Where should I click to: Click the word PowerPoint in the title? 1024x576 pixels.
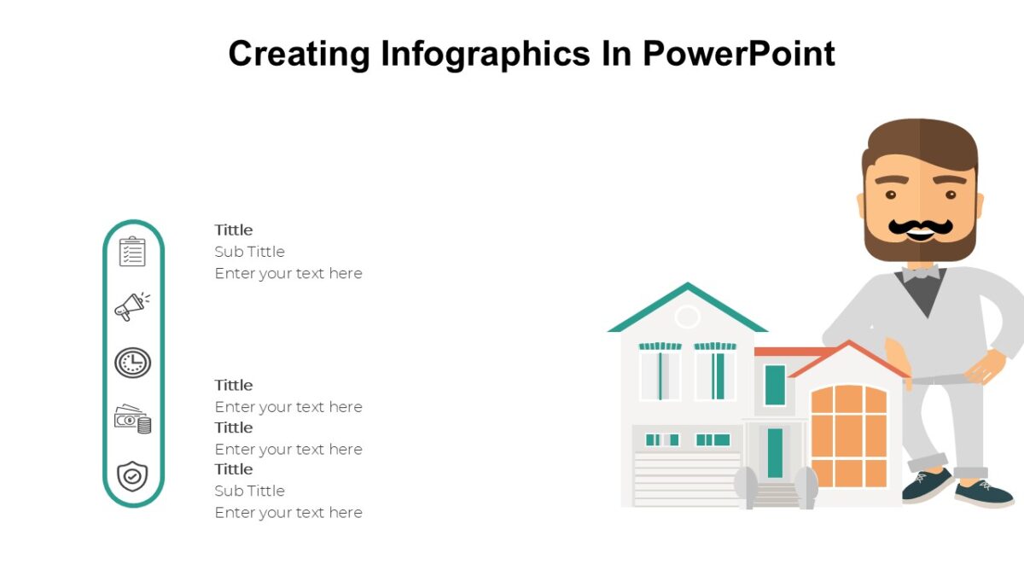(x=739, y=53)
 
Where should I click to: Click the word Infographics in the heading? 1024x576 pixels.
(x=485, y=54)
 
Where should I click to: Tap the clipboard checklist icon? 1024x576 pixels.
(x=132, y=252)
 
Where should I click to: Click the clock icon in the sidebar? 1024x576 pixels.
(x=132, y=363)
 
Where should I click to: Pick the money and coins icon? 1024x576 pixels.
(x=132, y=419)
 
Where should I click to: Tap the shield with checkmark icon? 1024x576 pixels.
(x=132, y=475)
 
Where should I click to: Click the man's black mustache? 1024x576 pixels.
(x=920, y=227)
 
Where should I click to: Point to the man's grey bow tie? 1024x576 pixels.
(x=921, y=273)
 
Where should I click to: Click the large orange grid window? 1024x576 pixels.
(x=848, y=435)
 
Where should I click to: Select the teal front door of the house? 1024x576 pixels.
(x=775, y=452)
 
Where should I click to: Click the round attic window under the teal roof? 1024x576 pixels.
(x=687, y=317)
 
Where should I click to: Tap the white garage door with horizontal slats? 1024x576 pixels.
(x=687, y=478)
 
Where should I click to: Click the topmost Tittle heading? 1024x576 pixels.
(x=234, y=230)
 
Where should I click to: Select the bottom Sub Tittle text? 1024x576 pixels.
(x=249, y=491)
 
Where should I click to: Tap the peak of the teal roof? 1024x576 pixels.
(x=687, y=286)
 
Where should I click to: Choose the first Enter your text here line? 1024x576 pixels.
(x=288, y=273)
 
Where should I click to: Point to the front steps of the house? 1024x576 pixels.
(x=776, y=495)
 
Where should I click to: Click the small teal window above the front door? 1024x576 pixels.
(x=775, y=384)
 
